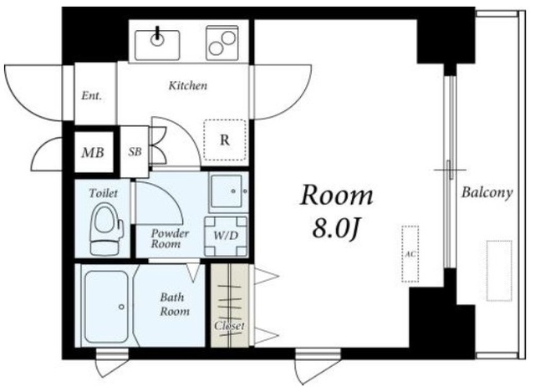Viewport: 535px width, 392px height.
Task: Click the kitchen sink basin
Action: (x=157, y=45)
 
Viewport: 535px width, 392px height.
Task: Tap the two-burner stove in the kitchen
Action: (x=222, y=43)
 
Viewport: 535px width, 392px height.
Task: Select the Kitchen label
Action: (x=188, y=85)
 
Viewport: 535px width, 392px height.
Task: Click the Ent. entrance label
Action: (x=91, y=95)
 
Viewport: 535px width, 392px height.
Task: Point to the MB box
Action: (x=94, y=152)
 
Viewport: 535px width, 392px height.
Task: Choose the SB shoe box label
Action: (x=135, y=151)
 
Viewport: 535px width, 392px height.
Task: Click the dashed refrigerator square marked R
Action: (x=225, y=140)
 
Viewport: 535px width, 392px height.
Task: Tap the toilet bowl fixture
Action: (x=106, y=229)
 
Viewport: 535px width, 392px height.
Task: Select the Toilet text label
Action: (x=103, y=193)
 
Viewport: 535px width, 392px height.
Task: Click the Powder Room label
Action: (x=170, y=238)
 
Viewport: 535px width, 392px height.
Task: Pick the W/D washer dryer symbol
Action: (x=226, y=236)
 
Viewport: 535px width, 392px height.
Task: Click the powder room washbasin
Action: (x=228, y=191)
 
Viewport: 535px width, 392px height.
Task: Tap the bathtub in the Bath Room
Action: (x=107, y=307)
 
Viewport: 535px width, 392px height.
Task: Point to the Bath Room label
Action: (x=175, y=304)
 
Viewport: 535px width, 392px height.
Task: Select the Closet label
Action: (x=229, y=326)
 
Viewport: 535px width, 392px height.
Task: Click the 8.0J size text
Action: (x=336, y=228)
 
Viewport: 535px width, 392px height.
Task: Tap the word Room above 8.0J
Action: (x=337, y=196)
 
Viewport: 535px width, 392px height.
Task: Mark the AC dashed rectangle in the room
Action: (x=410, y=254)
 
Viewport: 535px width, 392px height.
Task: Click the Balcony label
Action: (x=487, y=193)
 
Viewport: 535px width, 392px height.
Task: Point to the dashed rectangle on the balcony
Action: (x=499, y=271)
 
